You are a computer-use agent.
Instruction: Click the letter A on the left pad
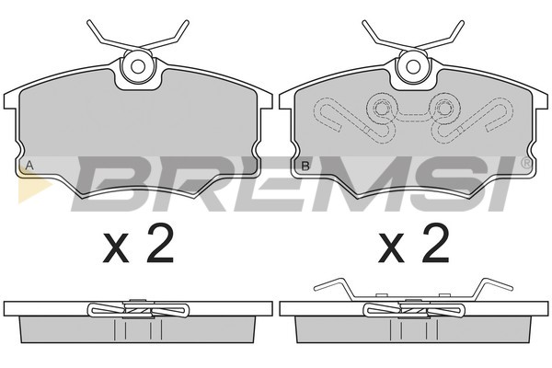tap(29, 166)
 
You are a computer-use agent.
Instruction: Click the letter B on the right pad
tap(305, 166)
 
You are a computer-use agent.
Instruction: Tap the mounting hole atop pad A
tap(138, 66)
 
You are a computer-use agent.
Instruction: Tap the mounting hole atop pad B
tap(413, 66)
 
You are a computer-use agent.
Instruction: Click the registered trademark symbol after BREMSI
tap(526, 163)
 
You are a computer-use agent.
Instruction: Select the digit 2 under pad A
tap(160, 244)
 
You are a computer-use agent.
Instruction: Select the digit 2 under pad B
tap(436, 244)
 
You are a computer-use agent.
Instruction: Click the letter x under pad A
tap(116, 249)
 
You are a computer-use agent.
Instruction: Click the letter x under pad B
tap(391, 249)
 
